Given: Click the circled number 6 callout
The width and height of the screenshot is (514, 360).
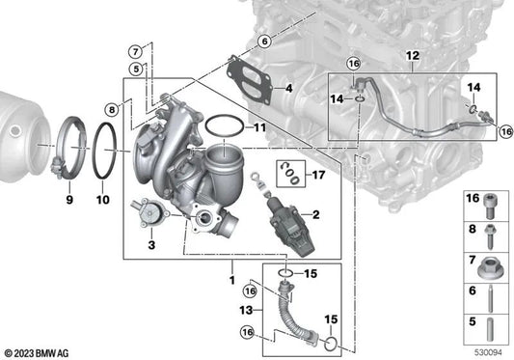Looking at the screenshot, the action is [x=264, y=42].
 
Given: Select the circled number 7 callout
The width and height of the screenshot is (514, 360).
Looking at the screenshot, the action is [x=135, y=52].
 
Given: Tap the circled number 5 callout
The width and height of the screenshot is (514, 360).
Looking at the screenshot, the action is [x=136, y=69].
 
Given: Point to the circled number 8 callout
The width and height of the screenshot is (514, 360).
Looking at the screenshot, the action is [x=112, y=109].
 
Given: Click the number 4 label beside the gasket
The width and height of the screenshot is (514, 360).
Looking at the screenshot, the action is [x=288, y=88].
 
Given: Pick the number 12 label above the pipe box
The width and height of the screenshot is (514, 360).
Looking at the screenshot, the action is [x=413, y=56].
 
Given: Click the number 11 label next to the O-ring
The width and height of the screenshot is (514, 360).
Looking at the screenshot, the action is [x=260, y=127].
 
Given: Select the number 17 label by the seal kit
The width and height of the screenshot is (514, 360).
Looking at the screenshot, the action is [x=318, y=175].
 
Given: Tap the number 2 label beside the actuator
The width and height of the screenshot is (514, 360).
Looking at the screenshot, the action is [x=315, y=214].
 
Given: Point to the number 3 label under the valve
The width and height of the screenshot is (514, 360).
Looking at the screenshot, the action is [x=151, y=245].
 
